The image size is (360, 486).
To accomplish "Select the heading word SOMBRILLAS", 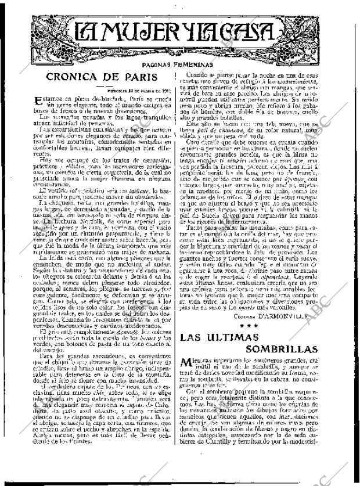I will (x=282, y=351).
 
